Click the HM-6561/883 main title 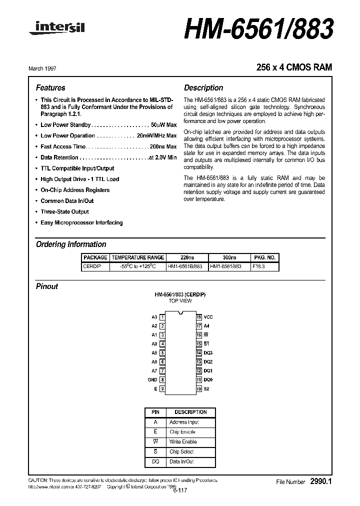coord(258,30)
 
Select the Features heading coord(50,87)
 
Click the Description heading coord(203,87)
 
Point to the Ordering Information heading coord(71,244)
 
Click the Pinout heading coord(47,286)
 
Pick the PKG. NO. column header coord(265,257)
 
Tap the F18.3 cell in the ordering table coord(259,266)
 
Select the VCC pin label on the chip coord(208,317)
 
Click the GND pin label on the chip coord(152,379)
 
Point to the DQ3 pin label coord(208,353)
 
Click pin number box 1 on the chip coord(162,317)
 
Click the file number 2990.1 coord(320,481)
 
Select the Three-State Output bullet coord(64,211)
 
